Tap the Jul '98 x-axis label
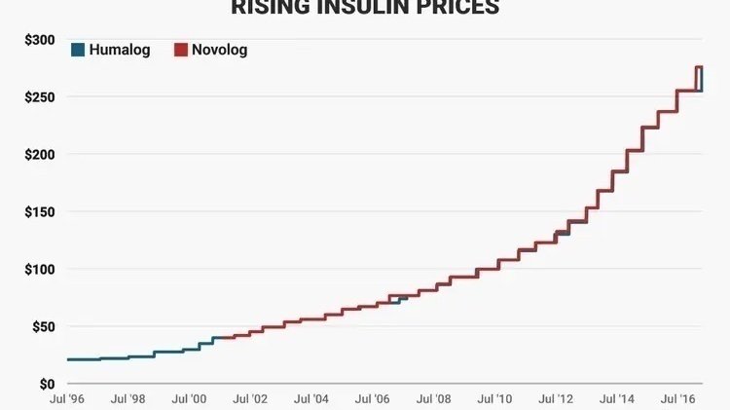coord(128,399)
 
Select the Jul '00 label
coord(190,399)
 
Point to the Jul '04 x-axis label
coord(312,399)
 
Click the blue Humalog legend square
coord(77,50)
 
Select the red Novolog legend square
coord(180,50)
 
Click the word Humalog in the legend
coord(119,50)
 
